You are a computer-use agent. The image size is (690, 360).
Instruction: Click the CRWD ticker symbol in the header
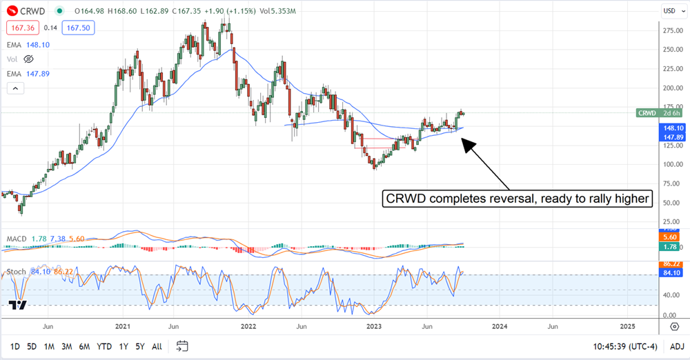point(32,11)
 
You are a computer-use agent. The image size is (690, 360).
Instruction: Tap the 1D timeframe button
point(15,346)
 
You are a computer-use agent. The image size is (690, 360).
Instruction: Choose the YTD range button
point(104,346)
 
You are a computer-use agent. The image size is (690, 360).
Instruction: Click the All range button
point(157,346)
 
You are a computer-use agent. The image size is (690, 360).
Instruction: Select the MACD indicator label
point(17,239)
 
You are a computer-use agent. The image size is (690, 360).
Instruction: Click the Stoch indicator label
point(17,272)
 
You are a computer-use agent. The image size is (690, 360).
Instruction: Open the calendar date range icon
point(182,346)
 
